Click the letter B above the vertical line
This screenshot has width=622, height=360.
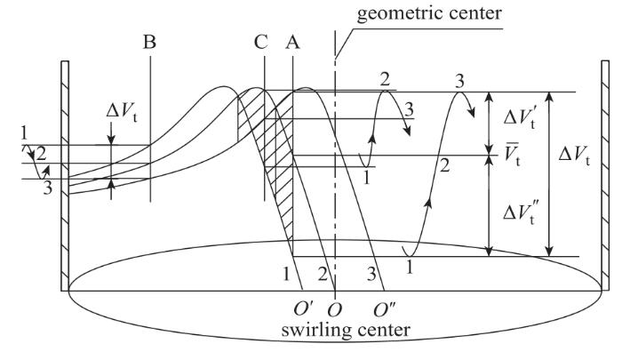click(151, 42)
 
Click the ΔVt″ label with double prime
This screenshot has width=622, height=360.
click(513, 206)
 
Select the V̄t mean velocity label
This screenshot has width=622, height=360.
click(511, 161)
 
